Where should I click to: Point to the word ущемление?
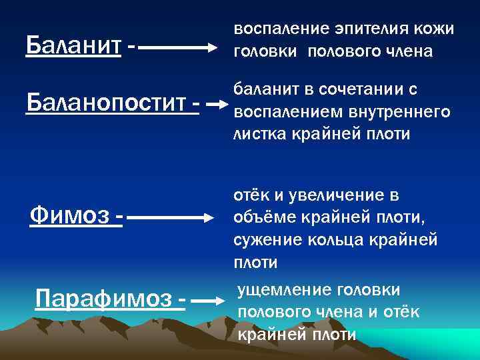[x=278, y=289]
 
